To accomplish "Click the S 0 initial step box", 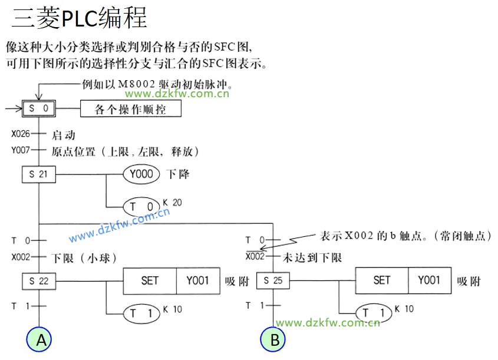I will (x=39, y=109).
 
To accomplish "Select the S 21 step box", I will (x=39, y=174).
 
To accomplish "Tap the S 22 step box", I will (x=39, y=281).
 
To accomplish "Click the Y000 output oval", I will (x=141, y=174).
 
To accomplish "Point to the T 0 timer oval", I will (x=141, y=207).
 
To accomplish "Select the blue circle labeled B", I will (x=275, y=340).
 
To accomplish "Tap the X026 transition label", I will (x=21, y=134).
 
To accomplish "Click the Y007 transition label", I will (x=21, y=151).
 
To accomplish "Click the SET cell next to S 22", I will (x=150, y=281).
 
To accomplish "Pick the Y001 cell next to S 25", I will (x=429, y=281).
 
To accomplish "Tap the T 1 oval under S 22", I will (x=141, y=313).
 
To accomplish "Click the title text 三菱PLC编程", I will (x=79, y=19).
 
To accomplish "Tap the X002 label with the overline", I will (x=255, y=257).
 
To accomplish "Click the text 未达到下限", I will (x=312, y=258).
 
